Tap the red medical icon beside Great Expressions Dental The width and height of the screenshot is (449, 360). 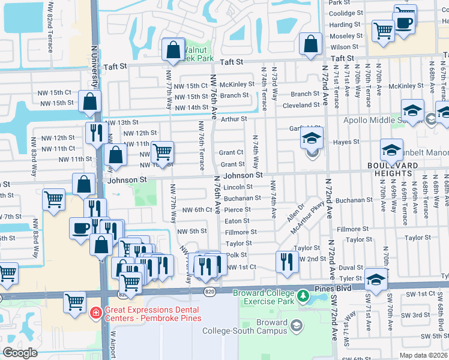[x=95, y=313]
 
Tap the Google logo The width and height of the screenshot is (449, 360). [x=20, y=353]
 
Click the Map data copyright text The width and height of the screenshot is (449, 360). [x=423, y=355]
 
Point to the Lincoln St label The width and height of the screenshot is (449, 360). [x=238, y=187]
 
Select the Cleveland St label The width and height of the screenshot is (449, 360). [x=302, y=105]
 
